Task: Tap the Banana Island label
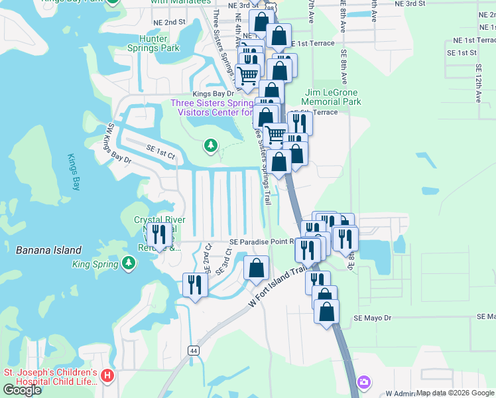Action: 48,250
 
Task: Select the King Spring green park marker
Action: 129,264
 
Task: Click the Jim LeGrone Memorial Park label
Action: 333,98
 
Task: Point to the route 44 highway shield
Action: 194,351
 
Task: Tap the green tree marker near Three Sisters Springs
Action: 211,145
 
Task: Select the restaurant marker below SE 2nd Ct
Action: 195,286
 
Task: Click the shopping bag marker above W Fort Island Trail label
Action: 256,269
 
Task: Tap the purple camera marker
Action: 363,382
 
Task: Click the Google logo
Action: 22,390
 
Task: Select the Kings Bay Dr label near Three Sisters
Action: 210,94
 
